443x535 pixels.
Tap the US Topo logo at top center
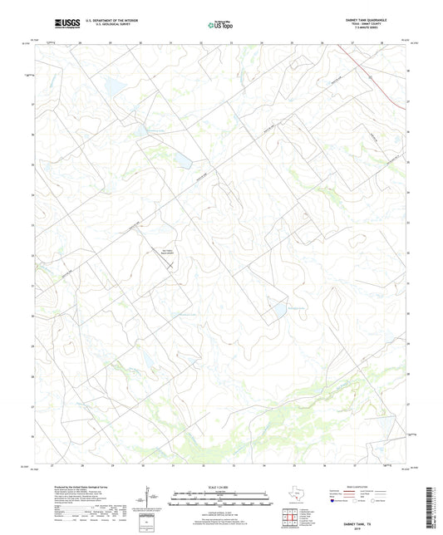(x=216, y=26)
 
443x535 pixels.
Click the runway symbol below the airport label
(x=170, y=264)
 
